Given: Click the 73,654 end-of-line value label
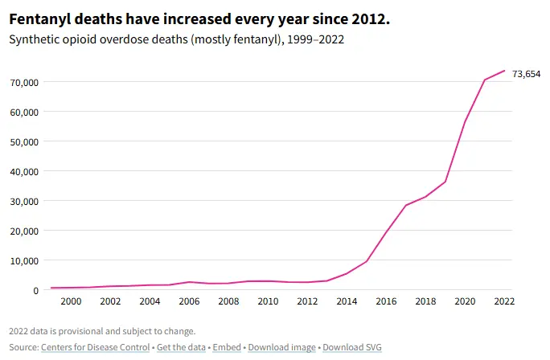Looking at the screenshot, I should click(527, 74).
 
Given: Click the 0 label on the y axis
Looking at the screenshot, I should click(35, 290).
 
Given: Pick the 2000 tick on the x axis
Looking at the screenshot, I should click(71, 301).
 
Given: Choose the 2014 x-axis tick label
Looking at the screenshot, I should click(347, 301).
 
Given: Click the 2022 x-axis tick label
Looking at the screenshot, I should click(503, 301).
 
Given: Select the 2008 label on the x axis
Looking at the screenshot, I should click(228, 301).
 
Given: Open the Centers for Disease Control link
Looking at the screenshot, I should click(95, 347).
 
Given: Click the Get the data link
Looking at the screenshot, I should click(180, 347).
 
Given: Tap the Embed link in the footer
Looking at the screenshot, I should click(226, 347).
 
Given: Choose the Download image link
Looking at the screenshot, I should click(281, 347).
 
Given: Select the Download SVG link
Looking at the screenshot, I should click(352, 347).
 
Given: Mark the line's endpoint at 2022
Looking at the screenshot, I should click(504, 71).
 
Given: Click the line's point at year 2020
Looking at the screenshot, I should click(465, 121).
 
